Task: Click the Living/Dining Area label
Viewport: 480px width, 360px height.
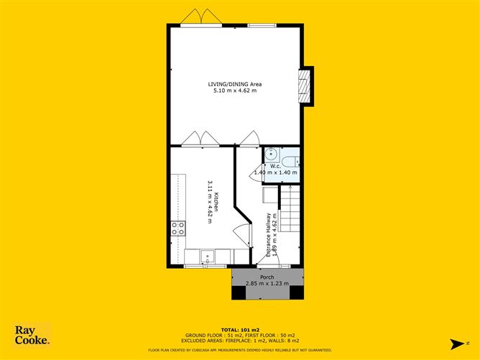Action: point(236,84)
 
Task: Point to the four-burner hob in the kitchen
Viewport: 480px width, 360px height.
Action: point(177,229)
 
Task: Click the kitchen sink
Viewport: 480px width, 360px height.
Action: point(207,255)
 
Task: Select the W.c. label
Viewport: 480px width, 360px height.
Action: point(275,166)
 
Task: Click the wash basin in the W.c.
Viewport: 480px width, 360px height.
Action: point(272,154)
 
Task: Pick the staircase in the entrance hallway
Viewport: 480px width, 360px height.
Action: point(290,209)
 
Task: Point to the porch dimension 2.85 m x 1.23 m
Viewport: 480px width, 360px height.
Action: point(267,284)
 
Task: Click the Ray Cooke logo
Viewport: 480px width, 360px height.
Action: point(32,336)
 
